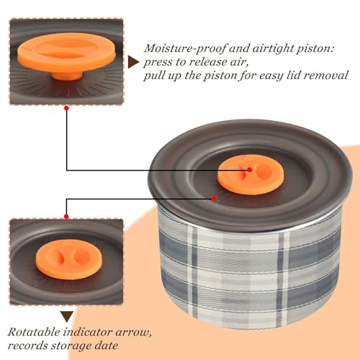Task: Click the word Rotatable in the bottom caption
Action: click(34, 333)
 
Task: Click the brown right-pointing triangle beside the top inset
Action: click(132, 63)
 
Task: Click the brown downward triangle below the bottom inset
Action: click(67, 317)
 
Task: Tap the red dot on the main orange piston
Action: click(250, 170)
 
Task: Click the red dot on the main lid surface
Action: click(214, 199)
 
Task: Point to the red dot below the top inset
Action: click(67, 108)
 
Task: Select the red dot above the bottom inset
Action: click(66, 217)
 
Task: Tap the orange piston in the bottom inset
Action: click(69, 259)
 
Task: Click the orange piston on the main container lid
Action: click(251, 175)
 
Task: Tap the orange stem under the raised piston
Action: click(67, 76)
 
